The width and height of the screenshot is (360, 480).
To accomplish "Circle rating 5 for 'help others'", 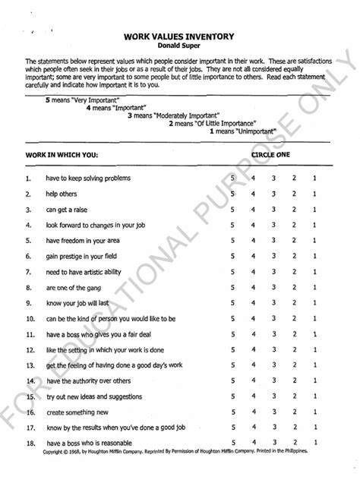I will click(x=233, y=194).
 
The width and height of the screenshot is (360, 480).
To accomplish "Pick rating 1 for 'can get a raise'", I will click(x=314, y=209).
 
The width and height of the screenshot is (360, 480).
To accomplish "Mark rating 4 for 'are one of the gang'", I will click(x=253, y=287).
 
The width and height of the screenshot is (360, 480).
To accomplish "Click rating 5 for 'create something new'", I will click(x=233, y=412).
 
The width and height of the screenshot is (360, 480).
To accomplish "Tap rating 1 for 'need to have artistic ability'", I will click(x=314, y=271).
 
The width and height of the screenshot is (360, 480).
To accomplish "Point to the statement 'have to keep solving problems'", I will click(x=90, y=178).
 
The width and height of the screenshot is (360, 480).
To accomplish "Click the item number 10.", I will click(x=29, y=318).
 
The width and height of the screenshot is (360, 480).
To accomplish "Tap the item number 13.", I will click(x=29, y=365).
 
